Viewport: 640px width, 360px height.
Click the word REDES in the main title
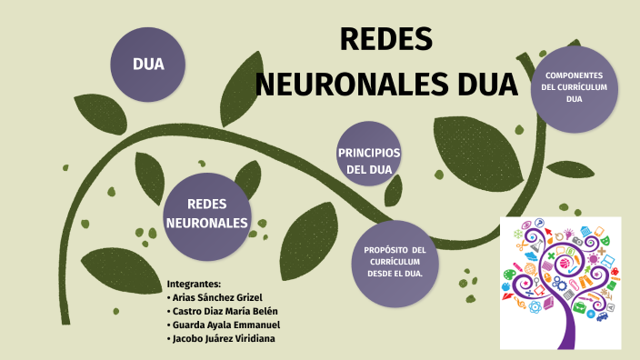click(x=385, y=40)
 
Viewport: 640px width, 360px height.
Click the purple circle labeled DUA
click(x=147, y=65)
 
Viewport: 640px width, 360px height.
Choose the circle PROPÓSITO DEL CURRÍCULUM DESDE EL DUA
click(x=395, y=262)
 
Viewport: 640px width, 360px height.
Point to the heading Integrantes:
click(x=195, y=284)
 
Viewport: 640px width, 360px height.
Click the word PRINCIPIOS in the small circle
click(x=369, y=152)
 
